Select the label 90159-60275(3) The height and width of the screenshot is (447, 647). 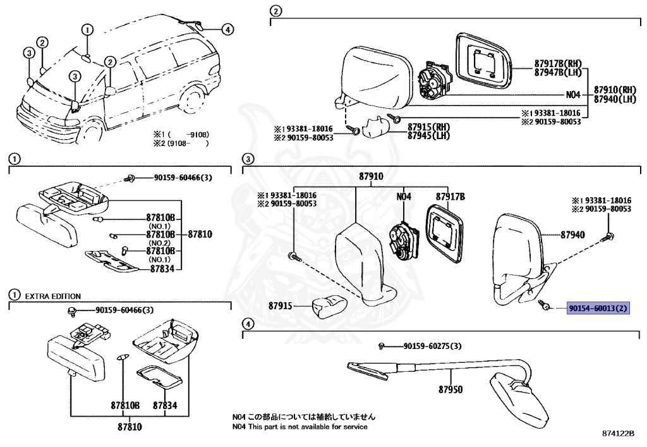pos(432,346)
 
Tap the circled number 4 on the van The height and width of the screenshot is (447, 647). pos(227,28)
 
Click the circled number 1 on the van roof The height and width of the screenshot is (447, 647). pos(87,29)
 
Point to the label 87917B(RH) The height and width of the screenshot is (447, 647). pos(557,64)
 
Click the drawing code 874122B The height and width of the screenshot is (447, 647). pos(617,434)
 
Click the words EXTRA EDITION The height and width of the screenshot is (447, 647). pos(52,296)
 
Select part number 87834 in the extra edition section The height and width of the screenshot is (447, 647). pos(166,405)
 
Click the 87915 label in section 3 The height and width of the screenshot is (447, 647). pos(281,305)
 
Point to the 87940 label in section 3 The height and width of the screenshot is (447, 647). pos(572,235)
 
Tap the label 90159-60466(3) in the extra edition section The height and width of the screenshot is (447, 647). pos(124,310)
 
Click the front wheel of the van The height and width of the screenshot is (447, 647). pos(93,130)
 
